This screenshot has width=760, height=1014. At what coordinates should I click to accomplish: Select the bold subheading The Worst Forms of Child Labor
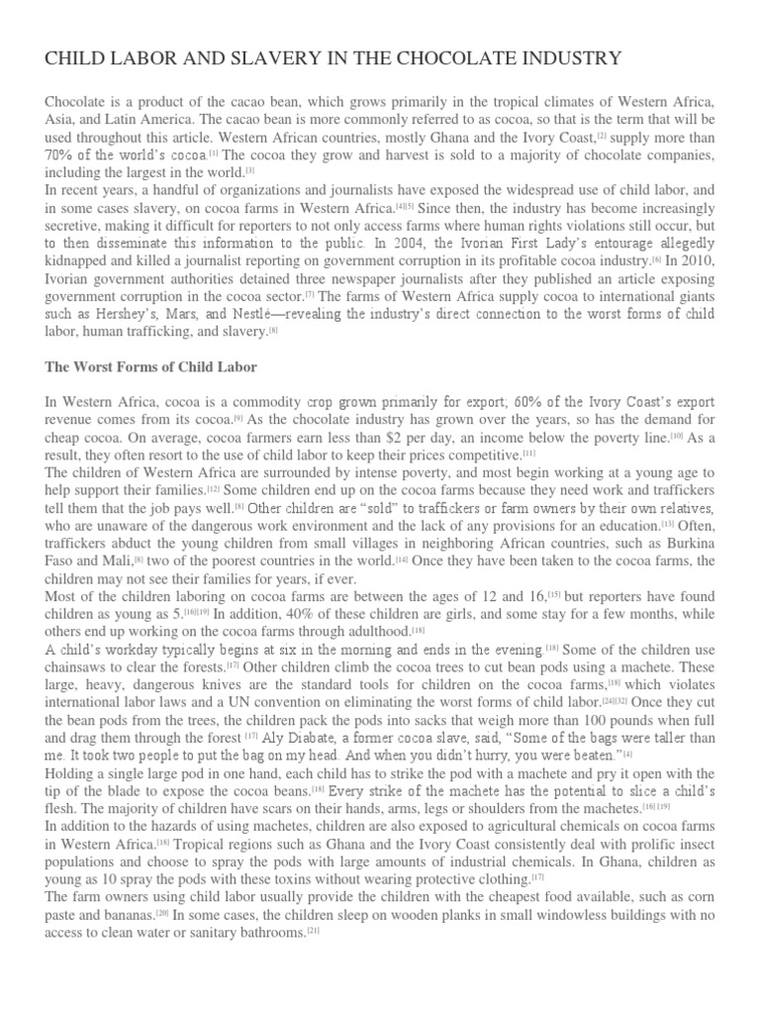point(151,366)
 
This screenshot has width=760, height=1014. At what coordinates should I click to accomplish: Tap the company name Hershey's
point(117,315)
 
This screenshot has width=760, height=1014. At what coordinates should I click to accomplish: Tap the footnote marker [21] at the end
point(313,932)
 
